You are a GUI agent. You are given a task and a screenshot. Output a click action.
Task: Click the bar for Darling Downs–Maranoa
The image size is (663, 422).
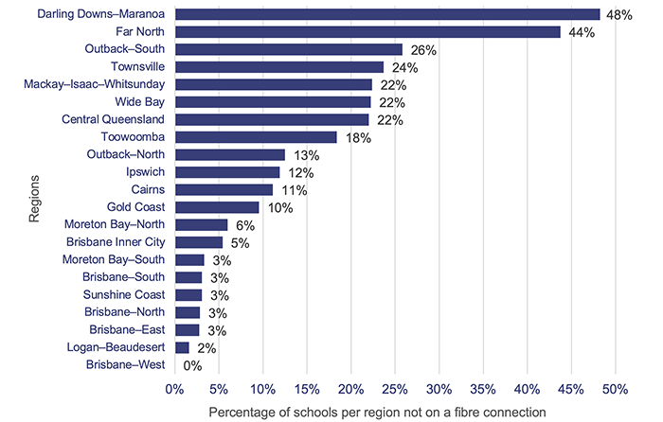(386, 14)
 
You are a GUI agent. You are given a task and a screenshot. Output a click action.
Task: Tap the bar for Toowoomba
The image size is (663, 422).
(256, 137)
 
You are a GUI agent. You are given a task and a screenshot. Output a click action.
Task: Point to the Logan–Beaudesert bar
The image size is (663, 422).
(182, 347)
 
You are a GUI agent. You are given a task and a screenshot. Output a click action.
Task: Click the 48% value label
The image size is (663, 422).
(619, 15)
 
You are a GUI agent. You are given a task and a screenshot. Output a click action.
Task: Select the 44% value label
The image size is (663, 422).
(579, 32)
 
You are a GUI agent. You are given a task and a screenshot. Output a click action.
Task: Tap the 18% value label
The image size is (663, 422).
(356, 138)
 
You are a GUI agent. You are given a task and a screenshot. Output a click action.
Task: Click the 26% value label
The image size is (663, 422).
(421, 50)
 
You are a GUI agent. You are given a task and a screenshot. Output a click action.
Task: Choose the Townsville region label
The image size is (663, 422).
(137, 67)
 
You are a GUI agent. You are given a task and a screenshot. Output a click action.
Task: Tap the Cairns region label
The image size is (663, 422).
(146, 189)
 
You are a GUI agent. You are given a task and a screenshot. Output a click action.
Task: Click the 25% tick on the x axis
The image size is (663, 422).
(395, 390)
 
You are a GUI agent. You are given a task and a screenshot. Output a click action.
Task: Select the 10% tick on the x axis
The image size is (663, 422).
(262, 390)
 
